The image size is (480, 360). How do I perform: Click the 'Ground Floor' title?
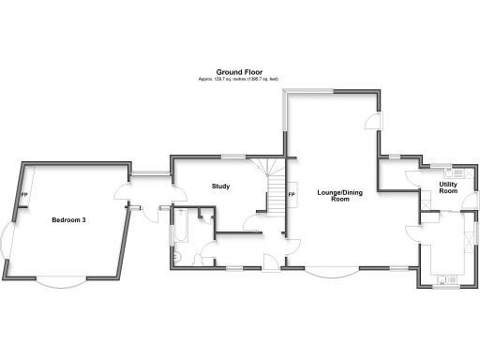click(x=238, y=71)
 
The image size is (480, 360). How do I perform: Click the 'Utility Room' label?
click(x=448, y=187)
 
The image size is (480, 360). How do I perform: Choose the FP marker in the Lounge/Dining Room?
click(x=292, y=194)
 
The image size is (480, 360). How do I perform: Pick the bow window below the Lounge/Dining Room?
click(x=332, y=273)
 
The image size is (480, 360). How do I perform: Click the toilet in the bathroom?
click(x=178, y=257)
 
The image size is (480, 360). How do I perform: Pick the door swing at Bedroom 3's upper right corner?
click(x=120, y=194)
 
